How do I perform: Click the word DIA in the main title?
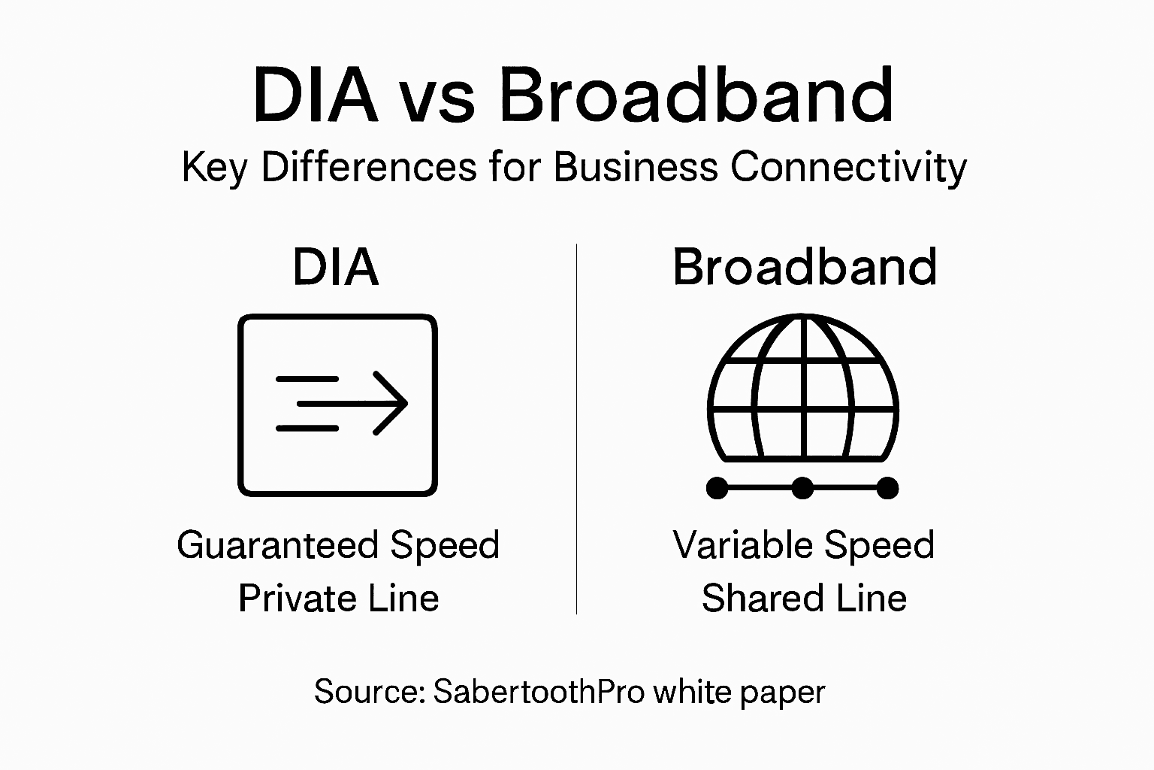tap(315, 95)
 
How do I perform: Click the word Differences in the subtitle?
tap(368, 166)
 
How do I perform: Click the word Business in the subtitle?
tap(636, 166)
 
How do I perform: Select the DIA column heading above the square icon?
tap(336, 267)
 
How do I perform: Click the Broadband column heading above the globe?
tap(804, 267)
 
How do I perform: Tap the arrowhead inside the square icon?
tap(391, 403)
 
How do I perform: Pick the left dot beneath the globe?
tap(717, 488)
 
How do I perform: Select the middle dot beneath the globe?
tap(802, 488)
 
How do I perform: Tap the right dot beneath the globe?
tap(887, 488)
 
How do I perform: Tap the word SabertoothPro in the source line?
tap(539, 691)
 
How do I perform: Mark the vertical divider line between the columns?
tap(576, 429)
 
